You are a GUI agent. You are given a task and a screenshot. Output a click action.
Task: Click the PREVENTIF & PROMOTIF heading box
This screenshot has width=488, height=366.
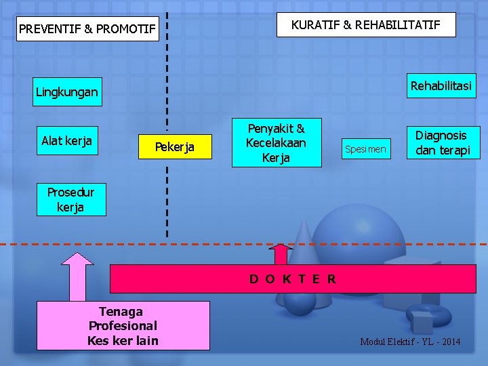click(x=87, y=29)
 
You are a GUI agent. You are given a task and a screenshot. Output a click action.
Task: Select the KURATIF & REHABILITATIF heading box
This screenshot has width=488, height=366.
click(x=366, y=25)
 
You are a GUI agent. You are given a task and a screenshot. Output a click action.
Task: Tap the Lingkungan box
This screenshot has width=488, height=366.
click(x=66, y=91)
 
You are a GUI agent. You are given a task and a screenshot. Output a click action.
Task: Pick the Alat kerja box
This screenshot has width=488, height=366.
click(x=66, y=141)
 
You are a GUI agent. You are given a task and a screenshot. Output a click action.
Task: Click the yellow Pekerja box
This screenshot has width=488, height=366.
click(x=175, y=147)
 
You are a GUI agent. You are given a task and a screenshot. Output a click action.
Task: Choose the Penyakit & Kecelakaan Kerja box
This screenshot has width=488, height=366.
click(x=276, y=142)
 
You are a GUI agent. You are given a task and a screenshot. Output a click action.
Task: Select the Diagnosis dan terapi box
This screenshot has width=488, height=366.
click(x=442, y=143)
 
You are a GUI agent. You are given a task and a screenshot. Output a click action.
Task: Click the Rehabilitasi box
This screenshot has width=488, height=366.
click(x=441, y=86)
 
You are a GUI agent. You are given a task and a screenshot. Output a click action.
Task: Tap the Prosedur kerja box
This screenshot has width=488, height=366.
click(x=70, y=200)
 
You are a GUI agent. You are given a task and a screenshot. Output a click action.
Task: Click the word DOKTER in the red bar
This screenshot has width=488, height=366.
click(x=293, y=279)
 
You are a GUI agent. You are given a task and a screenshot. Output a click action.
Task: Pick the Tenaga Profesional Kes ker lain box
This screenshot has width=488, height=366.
click(x=123, y=326)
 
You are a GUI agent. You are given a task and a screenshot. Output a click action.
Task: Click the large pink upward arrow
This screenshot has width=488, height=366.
click(x=81, y=276)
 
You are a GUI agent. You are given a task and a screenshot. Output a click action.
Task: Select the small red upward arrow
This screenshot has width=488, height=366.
click(x=280, y=254)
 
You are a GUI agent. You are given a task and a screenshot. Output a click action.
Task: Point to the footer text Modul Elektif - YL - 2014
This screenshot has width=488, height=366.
click(x=410, y=342)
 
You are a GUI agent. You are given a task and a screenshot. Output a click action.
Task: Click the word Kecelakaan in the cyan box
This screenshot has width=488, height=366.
click(x=276, y=143)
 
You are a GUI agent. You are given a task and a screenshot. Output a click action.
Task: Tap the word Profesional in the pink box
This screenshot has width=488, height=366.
click(x=123, y=326)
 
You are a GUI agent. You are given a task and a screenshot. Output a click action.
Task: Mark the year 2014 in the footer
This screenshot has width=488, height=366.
click(x=449, y=342)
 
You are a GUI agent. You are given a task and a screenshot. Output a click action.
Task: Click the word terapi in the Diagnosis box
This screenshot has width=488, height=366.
click(x=453, y=150)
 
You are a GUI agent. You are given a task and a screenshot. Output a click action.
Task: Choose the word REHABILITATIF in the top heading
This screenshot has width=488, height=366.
click(x=398, y=25)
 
